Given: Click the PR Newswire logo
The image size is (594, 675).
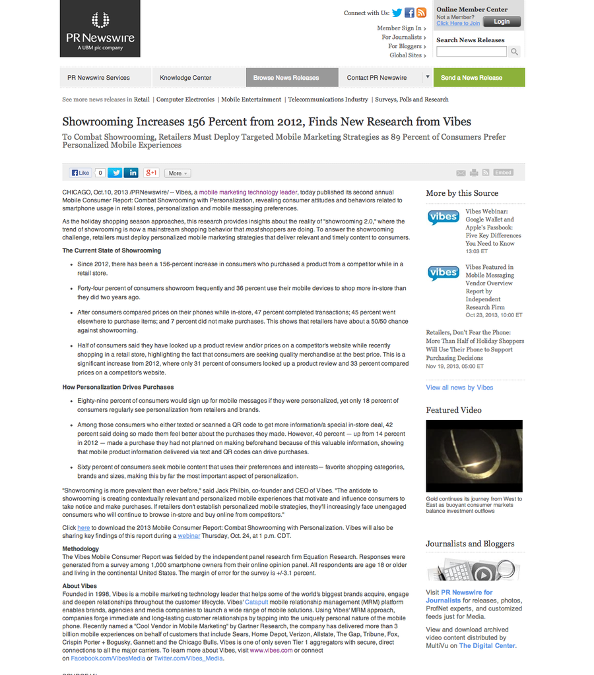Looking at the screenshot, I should (x=100, y=28).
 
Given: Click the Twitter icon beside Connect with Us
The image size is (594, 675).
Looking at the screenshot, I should (x=397, y=13).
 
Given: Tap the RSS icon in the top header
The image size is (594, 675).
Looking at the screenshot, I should (x=421, y=13).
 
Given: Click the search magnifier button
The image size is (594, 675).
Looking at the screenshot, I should (x=514, y=51).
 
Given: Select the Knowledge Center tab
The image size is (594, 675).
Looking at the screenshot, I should (x=185, y=78).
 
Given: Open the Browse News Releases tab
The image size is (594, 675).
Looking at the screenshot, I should (x=286, y=78).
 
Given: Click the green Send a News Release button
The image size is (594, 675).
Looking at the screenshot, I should (x=471, y=78).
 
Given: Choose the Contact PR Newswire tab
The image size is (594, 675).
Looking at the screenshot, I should (x=377, y=78).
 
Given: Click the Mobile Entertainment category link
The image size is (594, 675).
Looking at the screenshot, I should (x=251, y=100).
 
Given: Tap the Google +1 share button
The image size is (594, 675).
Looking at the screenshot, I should (x=151, y=173).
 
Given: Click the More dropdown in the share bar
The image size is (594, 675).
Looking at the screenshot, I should (x=177, y=173).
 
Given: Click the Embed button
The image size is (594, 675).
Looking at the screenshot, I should (x=503, y=173).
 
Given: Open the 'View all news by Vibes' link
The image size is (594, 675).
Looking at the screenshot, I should (x=459, y=387).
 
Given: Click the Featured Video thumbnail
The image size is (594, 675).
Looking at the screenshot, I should (x=474, y=455).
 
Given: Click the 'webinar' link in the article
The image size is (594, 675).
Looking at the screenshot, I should (x=189, y=536).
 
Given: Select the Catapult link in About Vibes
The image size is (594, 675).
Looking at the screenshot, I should (x=256, y=602).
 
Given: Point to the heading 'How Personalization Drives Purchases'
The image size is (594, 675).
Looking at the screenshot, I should (x=118, y=387).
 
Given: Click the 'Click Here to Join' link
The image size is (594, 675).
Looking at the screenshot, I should (x=458, y=23).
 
